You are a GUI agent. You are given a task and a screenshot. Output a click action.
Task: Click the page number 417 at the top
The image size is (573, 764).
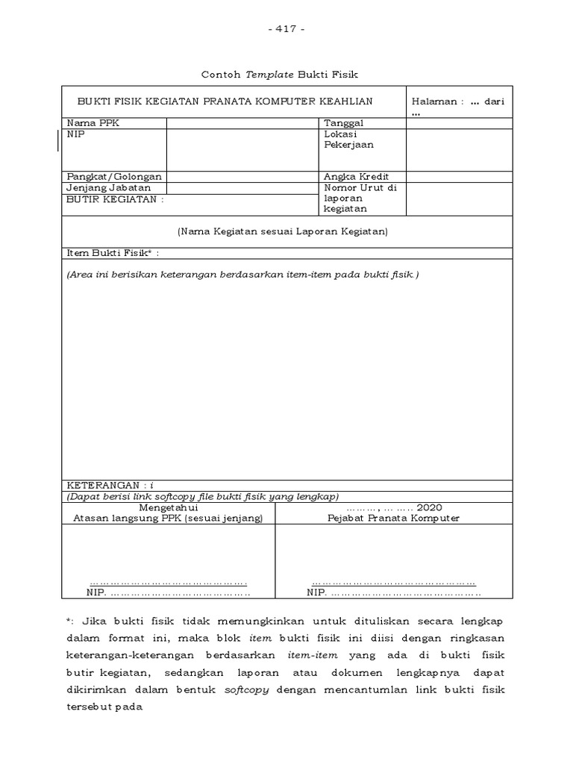point(286,29)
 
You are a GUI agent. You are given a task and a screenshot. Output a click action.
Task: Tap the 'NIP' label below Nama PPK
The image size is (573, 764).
point(75,134)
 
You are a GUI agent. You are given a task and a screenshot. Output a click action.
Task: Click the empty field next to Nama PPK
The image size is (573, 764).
point(242,123)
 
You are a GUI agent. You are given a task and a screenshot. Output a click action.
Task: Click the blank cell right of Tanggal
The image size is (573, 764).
point(459,123)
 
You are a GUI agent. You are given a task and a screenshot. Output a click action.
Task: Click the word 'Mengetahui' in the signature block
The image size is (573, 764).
point(168,507)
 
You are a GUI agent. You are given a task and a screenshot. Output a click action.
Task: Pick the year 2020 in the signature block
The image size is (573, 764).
point(430,507)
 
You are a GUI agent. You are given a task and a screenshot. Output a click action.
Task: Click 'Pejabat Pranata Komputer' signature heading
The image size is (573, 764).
point(393,519)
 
